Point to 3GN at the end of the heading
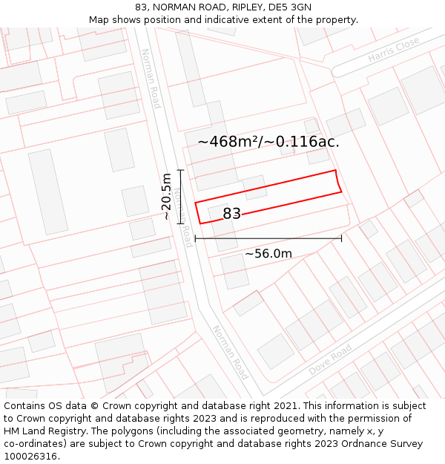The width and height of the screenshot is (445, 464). coord(300,7)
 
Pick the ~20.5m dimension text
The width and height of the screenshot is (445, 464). coord(167,196)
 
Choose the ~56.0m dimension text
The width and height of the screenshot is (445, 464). coord(268,254)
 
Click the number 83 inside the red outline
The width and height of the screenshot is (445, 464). coord(231,214)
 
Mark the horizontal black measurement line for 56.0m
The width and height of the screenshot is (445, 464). coord(268,238)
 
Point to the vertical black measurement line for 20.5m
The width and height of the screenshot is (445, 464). coord(180,196)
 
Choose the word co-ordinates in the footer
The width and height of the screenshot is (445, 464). coord(34,444)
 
